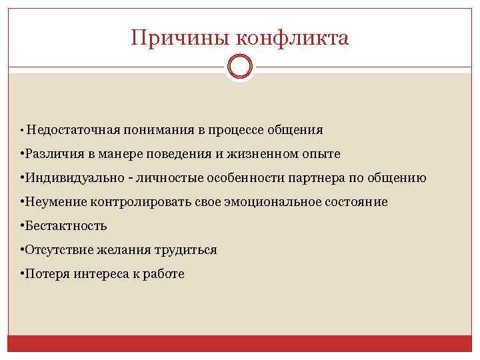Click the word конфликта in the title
[x=291, y=37]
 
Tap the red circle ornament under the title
[x=240, y=67]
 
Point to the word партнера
[x=315, y=178]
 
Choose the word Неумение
[x=52, y=202]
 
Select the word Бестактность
[x=65, y=226]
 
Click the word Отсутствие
[x=57, y=250]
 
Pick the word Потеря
[x=45, y=274]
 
